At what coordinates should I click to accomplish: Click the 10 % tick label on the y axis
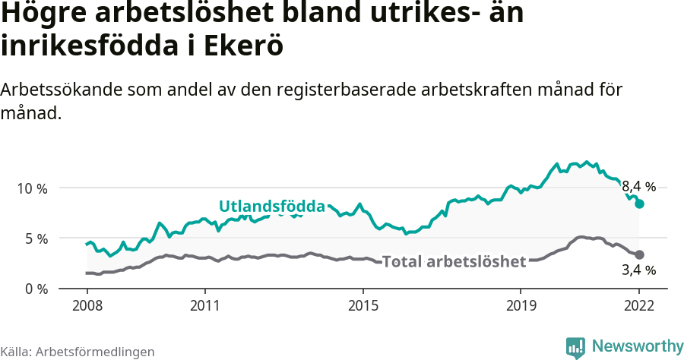tap(32, 188)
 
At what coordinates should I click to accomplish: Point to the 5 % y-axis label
tap(35, 238)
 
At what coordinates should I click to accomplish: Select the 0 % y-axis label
tap(35, 289)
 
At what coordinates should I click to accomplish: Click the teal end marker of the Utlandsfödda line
tap(640, 204)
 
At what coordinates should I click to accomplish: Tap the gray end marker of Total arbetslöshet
tap(640, 254)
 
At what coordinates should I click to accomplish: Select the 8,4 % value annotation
tap(638, 187)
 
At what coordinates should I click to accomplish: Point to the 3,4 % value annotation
tap(638, 270)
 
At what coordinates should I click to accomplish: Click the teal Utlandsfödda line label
tap(271, 207)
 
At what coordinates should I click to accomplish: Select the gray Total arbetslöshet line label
tap(454, 262)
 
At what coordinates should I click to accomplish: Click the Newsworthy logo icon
tap(575, 347)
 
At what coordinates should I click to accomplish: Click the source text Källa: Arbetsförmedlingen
tap(78, 352)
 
